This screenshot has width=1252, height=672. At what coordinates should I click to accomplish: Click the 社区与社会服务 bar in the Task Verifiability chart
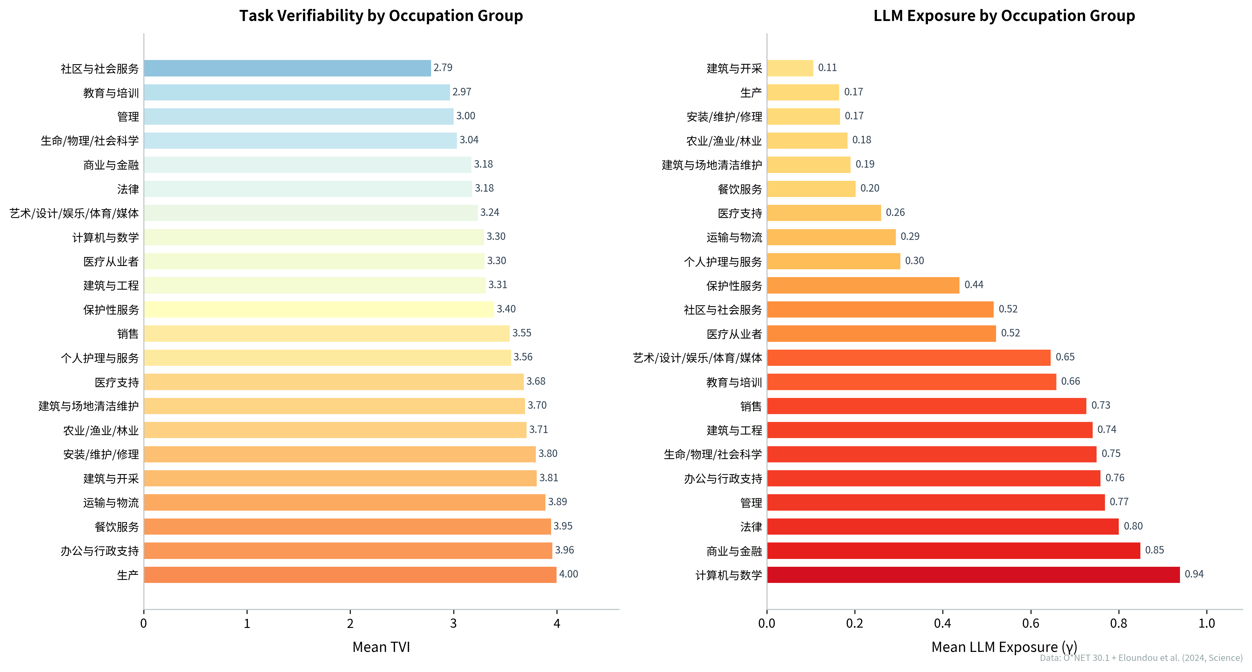pyautogui.click(x=287, y=68)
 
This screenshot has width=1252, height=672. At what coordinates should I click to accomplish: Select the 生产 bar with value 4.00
pyautogui.click(x=350, y=574)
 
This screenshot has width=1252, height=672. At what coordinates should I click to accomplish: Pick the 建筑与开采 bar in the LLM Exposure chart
pyautogui.click(x=790, y=68)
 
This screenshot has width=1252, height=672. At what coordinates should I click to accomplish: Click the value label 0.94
pyautogui.click(x=1194, y=574)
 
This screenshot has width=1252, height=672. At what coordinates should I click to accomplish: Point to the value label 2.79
pyautogui.click(x=443, y=67)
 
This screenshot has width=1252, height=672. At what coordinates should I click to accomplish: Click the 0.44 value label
pyautogui.click(x=974, y=285)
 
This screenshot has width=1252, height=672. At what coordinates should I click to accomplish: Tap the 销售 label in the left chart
pyautogui.click(x=128, y=334)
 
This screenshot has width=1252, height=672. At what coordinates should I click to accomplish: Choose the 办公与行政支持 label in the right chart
pyautogui.click(x=723, y=479)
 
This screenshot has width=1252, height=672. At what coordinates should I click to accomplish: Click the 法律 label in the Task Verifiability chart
pyautogui.click(x=128, y=189)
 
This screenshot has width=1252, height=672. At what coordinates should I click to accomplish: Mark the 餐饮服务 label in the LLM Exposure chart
pyautogui.click(x=740, y=189)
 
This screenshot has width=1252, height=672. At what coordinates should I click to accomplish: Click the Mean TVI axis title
pyautogui.click(x=381, y=647)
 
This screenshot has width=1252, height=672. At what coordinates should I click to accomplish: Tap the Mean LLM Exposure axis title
pyautogui.click(x=1004, y=647)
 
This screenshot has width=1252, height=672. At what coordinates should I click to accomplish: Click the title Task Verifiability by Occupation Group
pyautogui.click(x=381, y=16)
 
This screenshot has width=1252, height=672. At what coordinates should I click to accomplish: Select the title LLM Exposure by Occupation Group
pyautogui.click(x=1004, y=16)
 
